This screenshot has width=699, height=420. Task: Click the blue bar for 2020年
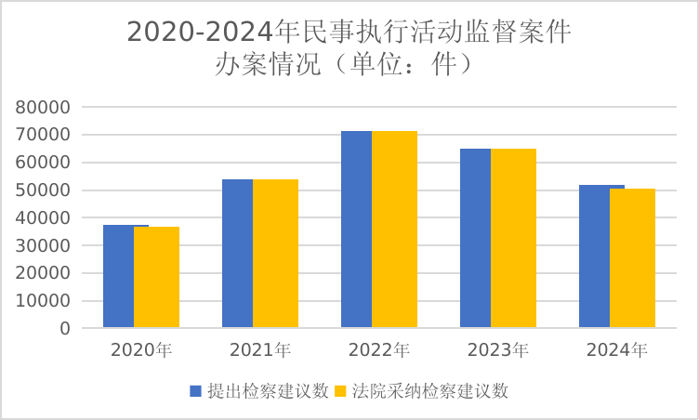tap(118, 276)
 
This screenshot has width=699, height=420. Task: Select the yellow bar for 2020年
tap(156, 277)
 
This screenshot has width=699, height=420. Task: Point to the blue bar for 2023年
tap(475, 238)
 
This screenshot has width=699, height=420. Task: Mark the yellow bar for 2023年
tap(513, 238)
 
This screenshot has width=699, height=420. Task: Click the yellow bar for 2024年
tap(632, 257)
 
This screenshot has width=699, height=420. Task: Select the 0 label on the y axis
tap(65, 329)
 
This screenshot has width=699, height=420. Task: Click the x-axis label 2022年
tap(379, 351)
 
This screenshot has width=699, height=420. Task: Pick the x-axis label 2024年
tap(617, 351)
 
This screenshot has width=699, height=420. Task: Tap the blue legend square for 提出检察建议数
tap(196, 391)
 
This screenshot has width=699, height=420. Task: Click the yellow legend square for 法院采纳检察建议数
tap(340, 391)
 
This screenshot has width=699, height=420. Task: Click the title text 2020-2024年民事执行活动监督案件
tap(349, 32)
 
